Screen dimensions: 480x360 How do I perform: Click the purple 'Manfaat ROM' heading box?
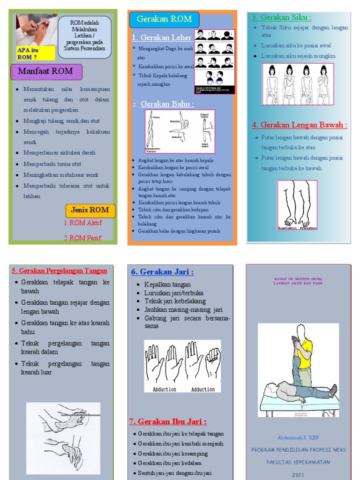(x=46, y=72)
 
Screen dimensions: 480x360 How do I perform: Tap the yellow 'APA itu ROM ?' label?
(x=36, y=53)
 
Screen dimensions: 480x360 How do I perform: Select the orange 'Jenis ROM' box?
(x=90, y=210)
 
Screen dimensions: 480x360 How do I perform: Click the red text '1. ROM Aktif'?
(x=83, y=223)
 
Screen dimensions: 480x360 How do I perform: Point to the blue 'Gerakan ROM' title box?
(x=164, y=20)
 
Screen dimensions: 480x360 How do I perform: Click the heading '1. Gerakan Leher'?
(x=162, y=37)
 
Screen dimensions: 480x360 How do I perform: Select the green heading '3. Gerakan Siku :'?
(x=281, y=17)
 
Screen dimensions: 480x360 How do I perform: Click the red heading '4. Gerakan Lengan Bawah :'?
(x=299, y=125)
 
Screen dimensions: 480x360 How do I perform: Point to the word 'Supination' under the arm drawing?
(x=287, y=228)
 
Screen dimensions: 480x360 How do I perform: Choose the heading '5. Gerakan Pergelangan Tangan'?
(x=60, y=270)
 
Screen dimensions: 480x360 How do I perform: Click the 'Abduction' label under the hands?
(x=165, y=389)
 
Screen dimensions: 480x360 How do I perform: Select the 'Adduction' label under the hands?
(x=203, y=389)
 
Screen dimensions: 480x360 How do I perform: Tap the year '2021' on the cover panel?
(x=298, y=474)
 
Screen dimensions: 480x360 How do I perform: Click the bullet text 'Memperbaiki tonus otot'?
(x=52, y=164)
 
